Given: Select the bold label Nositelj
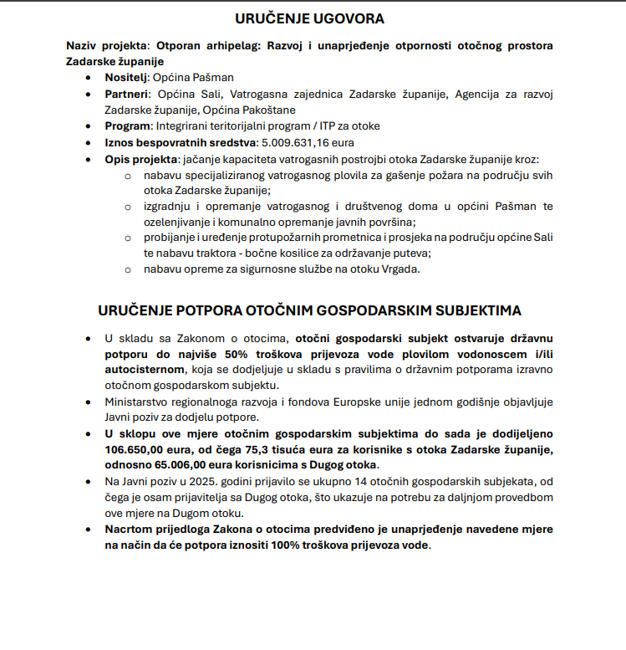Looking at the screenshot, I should (x=127, y=77).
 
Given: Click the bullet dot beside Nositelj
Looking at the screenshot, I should (x=89, y=77).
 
